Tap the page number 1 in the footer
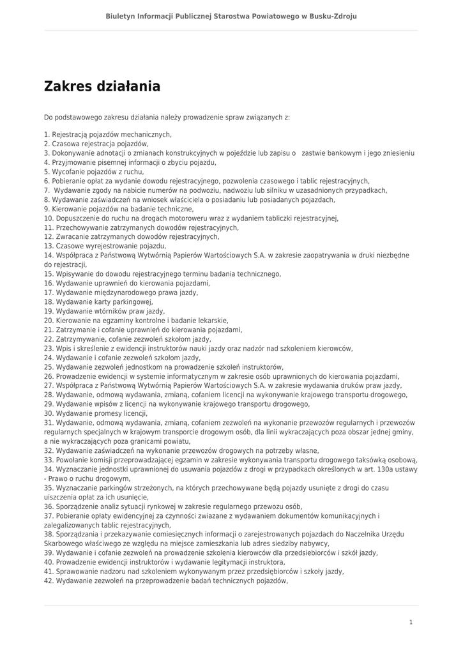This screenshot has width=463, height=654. coord(411,622)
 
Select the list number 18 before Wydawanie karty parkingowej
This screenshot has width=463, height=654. coord(49,301)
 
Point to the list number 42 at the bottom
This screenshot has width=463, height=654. coord(49,581)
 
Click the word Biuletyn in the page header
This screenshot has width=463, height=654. coord(121,16)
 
